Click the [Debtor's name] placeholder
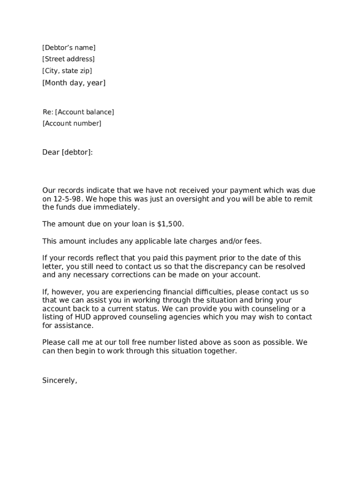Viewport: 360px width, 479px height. [69, 48]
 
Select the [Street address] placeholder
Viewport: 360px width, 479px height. [68, 59]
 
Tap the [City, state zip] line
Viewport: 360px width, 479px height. [67, 71]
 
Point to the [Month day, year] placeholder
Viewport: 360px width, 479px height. [74, 83]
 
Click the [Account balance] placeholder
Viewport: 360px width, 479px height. [85, 112]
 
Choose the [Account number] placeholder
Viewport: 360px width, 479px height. [72, 123]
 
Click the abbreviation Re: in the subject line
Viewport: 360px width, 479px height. [48, 112]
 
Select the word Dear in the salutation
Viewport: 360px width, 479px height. [51, 152]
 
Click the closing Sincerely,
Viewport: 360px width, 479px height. [59, 380]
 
